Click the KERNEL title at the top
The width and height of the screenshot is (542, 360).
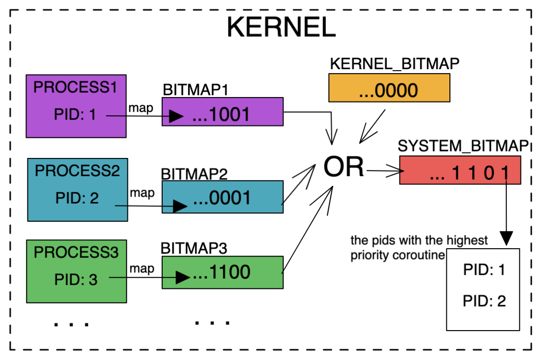281,27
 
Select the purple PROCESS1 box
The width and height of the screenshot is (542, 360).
76,106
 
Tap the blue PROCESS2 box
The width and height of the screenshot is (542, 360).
77,189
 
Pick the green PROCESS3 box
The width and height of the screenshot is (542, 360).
76,271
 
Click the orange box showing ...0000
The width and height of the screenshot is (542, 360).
389,88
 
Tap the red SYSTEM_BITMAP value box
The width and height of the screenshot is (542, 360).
460,170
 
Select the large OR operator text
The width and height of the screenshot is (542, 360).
344,167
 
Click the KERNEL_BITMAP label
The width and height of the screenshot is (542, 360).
394,64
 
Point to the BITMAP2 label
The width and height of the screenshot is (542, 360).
194,174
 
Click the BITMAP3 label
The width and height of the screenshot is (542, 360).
194,248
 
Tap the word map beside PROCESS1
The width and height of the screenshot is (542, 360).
141,108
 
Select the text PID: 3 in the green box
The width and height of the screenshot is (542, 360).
75,280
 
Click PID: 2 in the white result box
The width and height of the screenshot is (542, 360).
484,301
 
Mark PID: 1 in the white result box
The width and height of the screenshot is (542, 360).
484,270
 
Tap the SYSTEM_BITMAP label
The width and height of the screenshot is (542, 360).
463,146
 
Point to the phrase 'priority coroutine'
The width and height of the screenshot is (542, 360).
397,255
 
